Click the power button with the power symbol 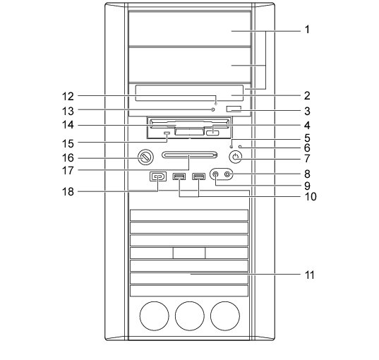point(236,157)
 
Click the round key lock point(145,157)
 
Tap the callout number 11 point(310,275)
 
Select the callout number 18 point(68,192)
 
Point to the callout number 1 point(307,30)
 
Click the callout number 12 point(68,97)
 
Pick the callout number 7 point(307,159)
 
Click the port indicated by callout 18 point(158,176)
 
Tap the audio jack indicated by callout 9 point(215,174)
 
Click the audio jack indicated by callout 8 point(227,174)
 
